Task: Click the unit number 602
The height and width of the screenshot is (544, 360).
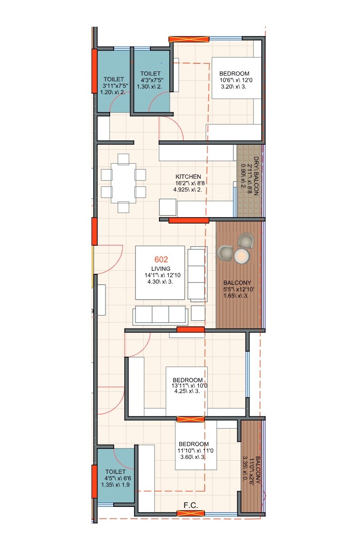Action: tap(161, 260)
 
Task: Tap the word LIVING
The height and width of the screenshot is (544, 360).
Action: tap(161, 269)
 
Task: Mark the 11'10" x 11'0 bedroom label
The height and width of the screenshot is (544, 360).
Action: tap(193, 444)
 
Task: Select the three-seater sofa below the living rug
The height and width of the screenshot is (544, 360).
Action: tap(160, 315)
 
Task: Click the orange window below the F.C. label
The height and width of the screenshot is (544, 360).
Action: tap(190, 513)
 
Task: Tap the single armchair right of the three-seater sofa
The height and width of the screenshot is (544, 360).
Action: tap(198, 313)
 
